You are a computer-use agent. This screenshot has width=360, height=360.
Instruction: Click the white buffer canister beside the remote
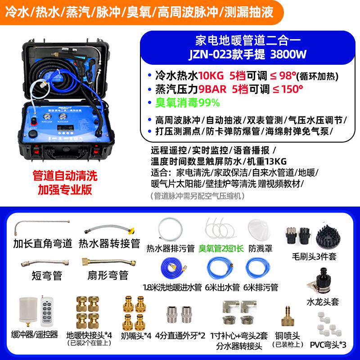(x=26, y=311)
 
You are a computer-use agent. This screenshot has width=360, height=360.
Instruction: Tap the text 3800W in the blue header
(x=288, y=54)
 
